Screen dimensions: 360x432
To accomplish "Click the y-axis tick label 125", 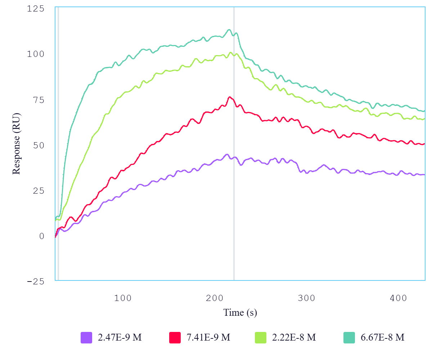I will click(x=36, y=8).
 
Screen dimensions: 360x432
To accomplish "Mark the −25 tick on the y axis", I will click(x=36, y=282).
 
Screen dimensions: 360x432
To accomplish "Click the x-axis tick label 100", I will click(x=123, y=298).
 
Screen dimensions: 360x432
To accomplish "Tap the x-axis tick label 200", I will click(x=215, y=298).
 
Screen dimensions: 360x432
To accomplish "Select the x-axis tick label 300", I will click(x=307, y=298).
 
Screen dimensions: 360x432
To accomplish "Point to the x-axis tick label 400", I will click(x=399, y=298).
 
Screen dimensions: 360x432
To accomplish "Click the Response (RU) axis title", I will click(x=16, y=144).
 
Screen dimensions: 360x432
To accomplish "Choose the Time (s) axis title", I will click(x=240, y=312).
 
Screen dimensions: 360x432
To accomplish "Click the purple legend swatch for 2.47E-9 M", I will click(x=86, y=337).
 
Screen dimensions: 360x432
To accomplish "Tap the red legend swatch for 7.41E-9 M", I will click(x=175, y=337).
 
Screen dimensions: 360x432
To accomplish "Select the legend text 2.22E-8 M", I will click(x=294, y=337).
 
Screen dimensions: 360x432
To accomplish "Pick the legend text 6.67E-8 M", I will click(x=382, y=337).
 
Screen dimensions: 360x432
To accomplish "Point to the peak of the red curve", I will click(x=229, y=97).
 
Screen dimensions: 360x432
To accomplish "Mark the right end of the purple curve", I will click(x=424, y=175).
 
